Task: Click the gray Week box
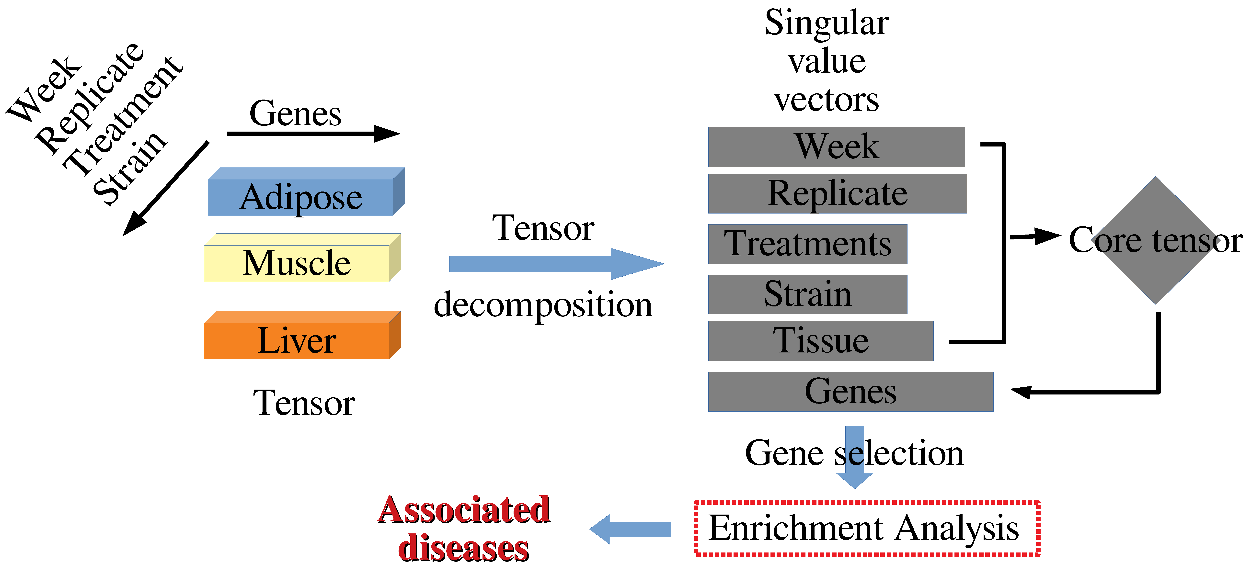pyautogui.click(x=836, y=147)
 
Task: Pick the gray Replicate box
pyautogui.click(x=837, y=193)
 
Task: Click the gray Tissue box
pyautogui.click(x=820, y=341)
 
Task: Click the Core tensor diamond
pyautogui.click(x=1156, y=241)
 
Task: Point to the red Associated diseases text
pyautogui.click(x=464, y=529)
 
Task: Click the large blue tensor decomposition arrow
pyautogui.click(x=554, y=264)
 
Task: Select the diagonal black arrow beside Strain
pyautogui.click(x=165, y=189)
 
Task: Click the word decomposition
pyautogui.click(x=543, y=305)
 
